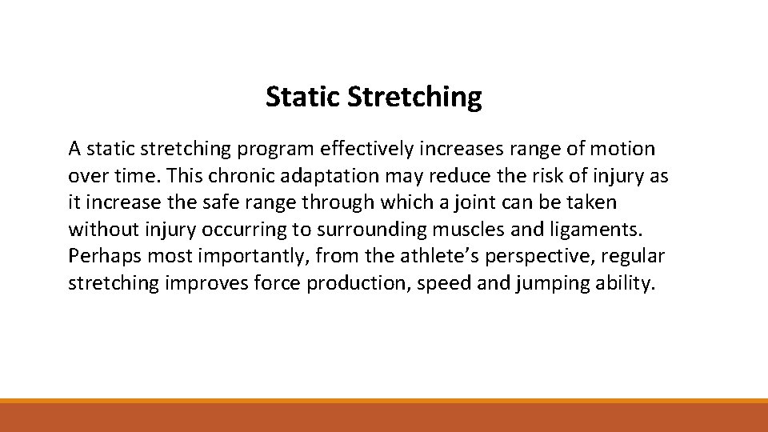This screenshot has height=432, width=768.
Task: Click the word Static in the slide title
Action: coord(304,97)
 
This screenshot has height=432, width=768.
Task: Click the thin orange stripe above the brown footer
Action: coord(384,401)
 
